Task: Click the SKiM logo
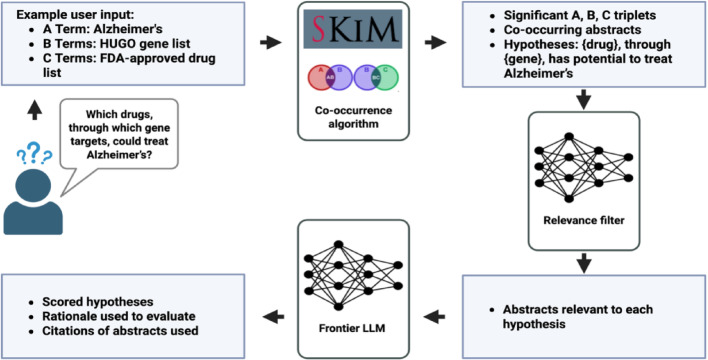(352, 28)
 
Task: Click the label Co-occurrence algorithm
(353, 116)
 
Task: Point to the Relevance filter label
(583, 220)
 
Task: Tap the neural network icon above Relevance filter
(583, 168)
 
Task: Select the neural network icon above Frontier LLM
(354, 276)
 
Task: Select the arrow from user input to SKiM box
(271, 43)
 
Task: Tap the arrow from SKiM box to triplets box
(435, 43)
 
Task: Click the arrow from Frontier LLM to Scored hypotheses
(273, 317)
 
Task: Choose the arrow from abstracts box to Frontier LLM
(435, 317)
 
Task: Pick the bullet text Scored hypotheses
(98, 301)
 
